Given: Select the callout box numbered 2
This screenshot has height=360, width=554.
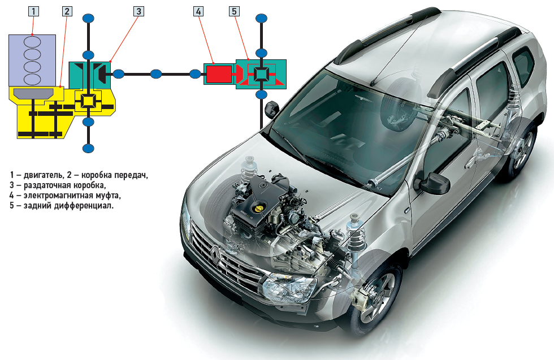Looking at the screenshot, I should coord(67,11).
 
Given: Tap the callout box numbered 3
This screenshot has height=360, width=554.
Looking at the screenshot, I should coord(138,11).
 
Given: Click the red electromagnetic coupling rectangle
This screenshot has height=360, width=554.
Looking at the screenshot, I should coord(219,74).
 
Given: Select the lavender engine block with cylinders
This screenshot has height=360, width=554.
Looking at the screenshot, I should coord(32,60).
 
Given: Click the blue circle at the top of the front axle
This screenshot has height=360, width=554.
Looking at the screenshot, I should coord(88,19).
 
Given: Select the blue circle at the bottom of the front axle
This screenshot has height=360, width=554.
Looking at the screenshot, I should coord(88,149).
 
